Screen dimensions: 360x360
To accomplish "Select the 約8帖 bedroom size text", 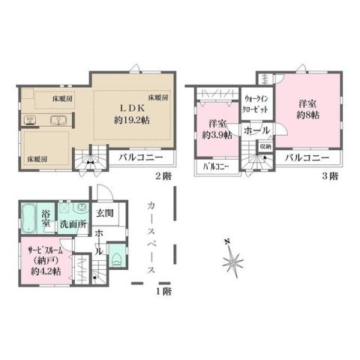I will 307,115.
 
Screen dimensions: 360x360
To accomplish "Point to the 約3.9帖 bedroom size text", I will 217,136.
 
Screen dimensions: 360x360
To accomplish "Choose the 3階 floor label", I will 329,176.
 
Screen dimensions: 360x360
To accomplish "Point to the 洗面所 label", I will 73,224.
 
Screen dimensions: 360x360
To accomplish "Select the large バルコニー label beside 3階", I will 307,158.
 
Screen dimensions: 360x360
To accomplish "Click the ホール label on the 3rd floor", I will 257,130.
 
